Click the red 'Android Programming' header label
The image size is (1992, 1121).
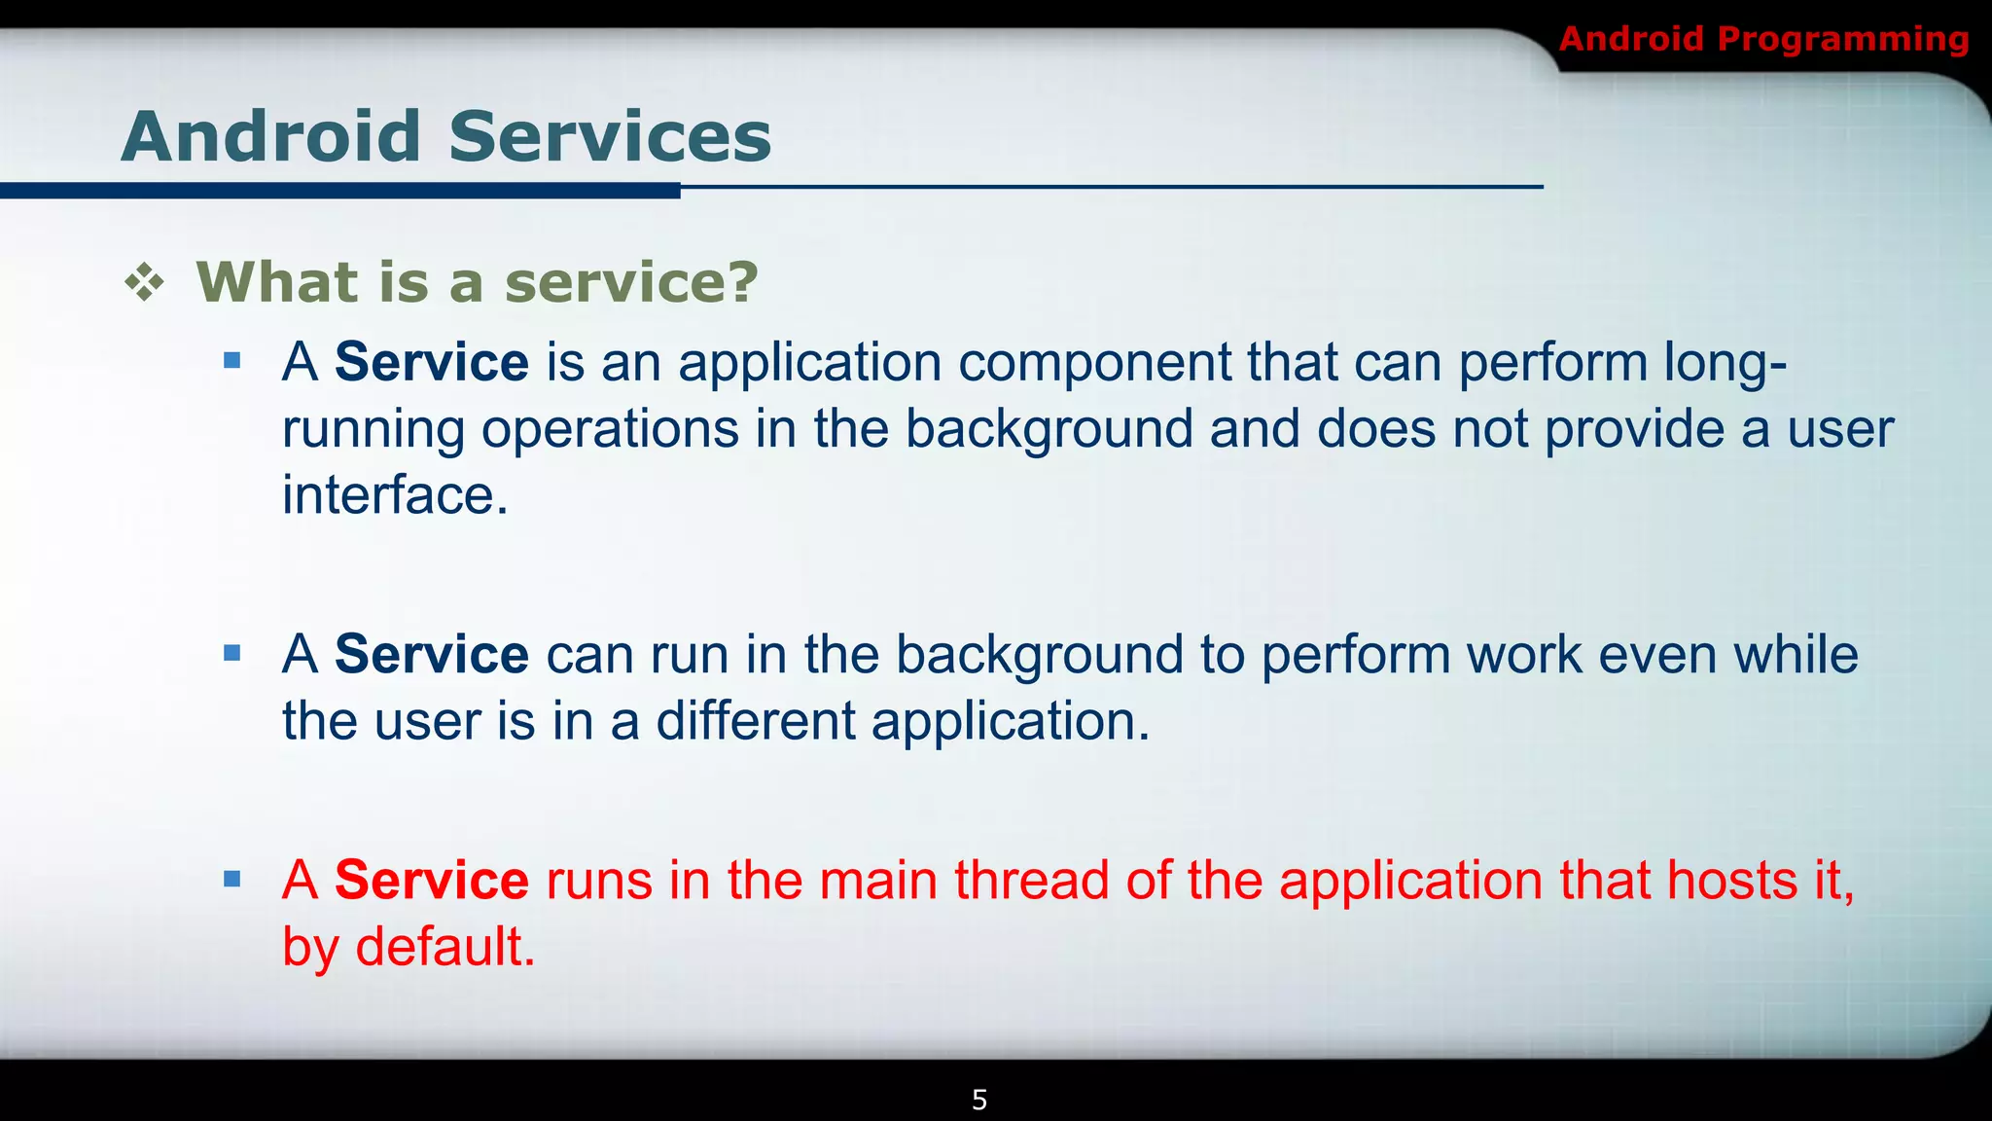[1763, 39]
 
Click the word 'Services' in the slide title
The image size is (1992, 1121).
[610, 136]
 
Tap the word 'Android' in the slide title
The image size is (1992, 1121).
[271, 136]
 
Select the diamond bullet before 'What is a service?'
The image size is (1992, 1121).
[145, 283]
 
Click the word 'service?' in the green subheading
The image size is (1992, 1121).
[630, 283]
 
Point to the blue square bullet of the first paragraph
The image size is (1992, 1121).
[231, 362]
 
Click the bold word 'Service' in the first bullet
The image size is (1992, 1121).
[431, 362]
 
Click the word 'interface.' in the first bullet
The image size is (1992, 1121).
[395, 495]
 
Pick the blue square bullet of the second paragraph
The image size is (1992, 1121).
[231, 653]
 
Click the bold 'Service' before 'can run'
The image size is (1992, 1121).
[431, 654]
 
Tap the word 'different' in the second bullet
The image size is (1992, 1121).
[755, 721]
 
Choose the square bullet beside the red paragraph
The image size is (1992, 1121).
[231, 880]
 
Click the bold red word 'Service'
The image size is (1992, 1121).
[431, 881]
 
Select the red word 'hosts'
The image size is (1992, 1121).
[1731, 881]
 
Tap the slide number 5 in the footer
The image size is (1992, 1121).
[979, 1101]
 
